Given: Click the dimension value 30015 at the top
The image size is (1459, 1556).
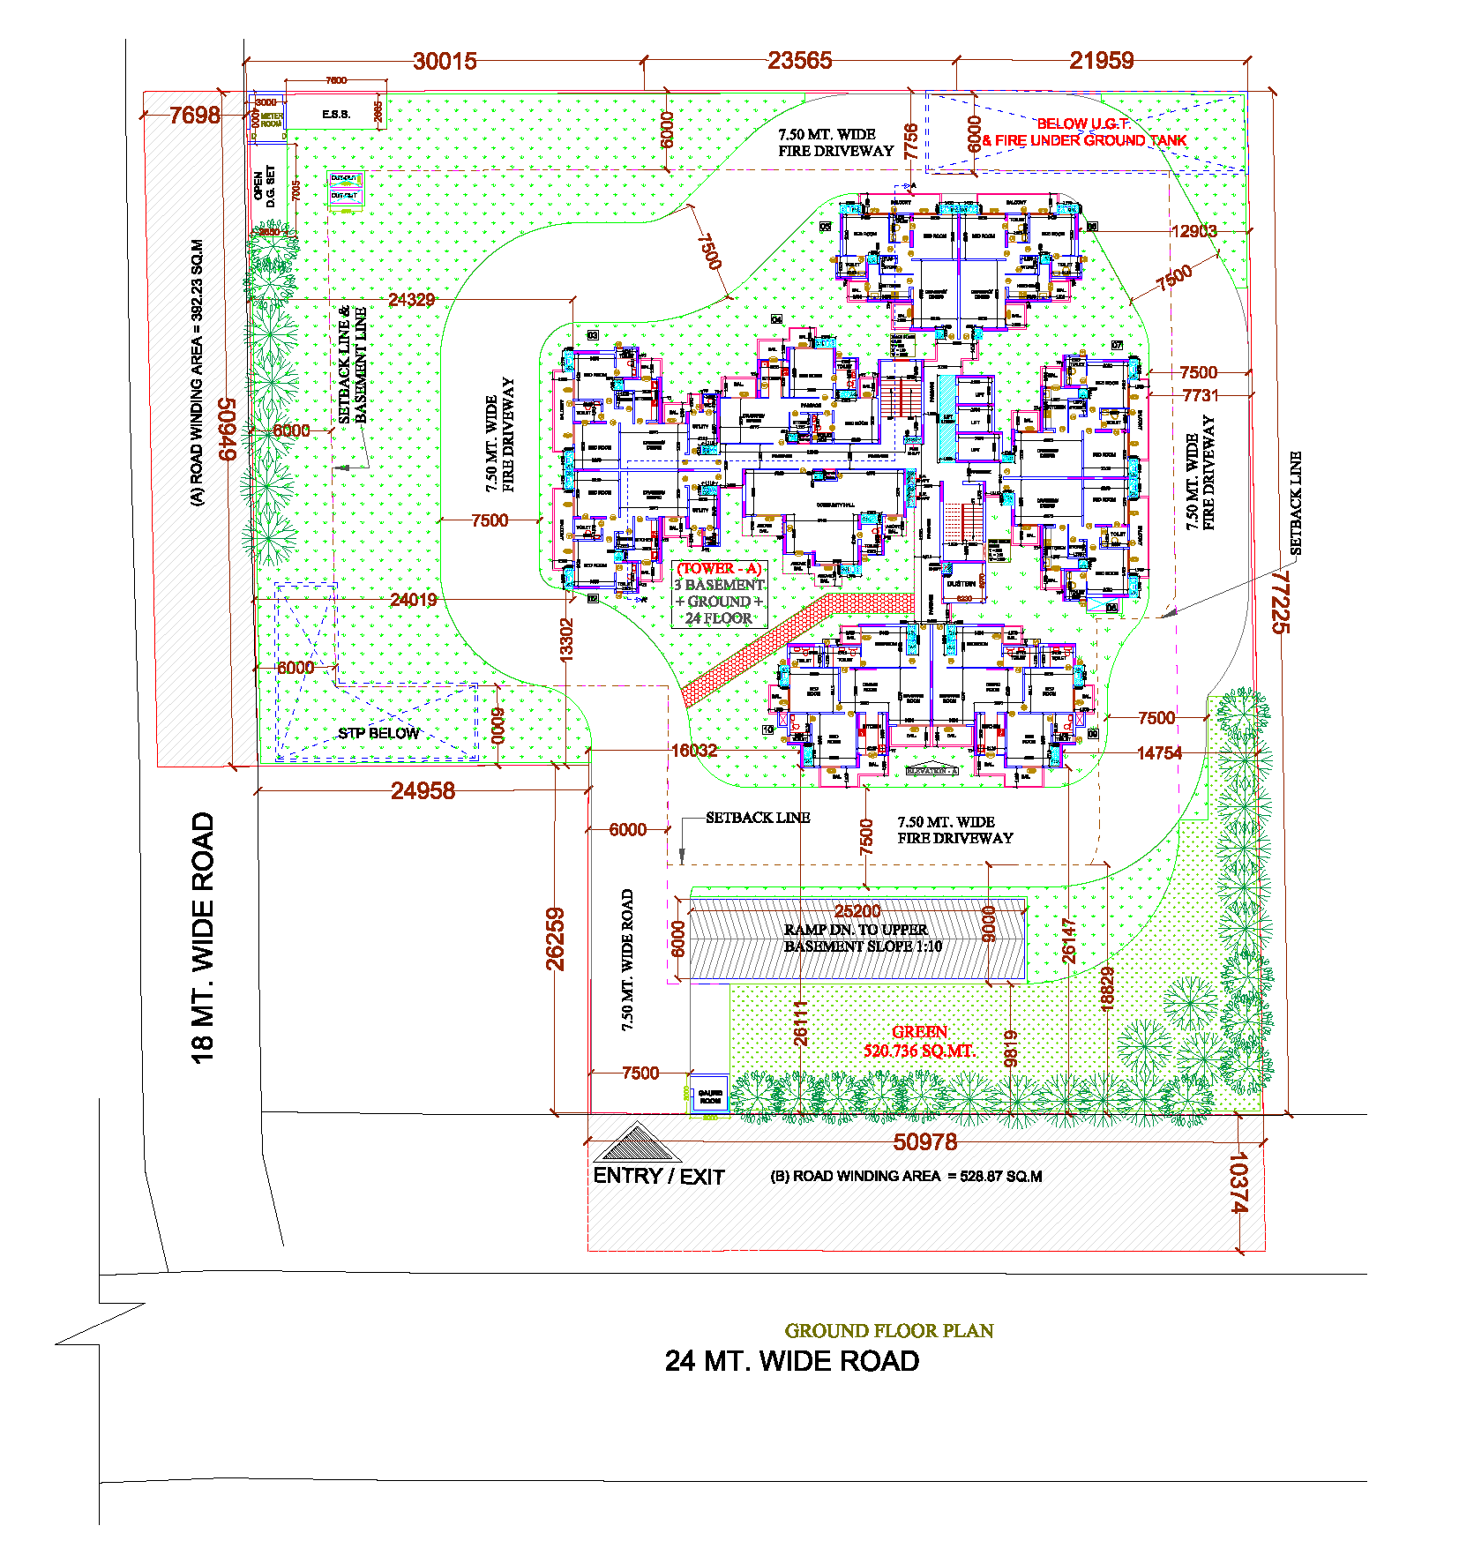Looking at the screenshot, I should point(445,61).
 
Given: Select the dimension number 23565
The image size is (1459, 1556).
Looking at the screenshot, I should point(799,60).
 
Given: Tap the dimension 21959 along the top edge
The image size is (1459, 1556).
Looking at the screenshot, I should point(1101,60).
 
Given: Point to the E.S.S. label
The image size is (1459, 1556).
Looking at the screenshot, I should point(336,115).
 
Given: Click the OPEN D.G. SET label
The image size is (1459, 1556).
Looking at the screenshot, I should point(265,186).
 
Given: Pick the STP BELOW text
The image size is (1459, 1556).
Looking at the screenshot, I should point(378,733).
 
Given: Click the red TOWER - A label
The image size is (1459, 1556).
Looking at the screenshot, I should point(719,569).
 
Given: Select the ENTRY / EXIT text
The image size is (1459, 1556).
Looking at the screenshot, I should point(658,1177).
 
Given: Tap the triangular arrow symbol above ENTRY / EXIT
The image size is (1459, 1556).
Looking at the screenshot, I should point(637,1143).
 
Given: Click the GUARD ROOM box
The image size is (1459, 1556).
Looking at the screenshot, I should point(709,1096).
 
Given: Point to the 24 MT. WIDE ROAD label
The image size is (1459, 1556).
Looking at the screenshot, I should point(791,1361).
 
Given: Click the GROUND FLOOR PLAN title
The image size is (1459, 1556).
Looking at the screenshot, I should point(889,1330).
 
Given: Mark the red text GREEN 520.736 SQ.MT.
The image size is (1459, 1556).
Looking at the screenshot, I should point(919,1042).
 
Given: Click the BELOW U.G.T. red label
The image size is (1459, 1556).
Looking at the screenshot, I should point(1083,124).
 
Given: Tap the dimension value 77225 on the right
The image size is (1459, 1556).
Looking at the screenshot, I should point(1280,602).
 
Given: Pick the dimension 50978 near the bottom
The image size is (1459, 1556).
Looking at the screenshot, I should point(924,1142).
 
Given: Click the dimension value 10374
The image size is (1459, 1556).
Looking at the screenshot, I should point(1238,1182).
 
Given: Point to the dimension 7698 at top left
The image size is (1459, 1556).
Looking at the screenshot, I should point(194,116).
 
